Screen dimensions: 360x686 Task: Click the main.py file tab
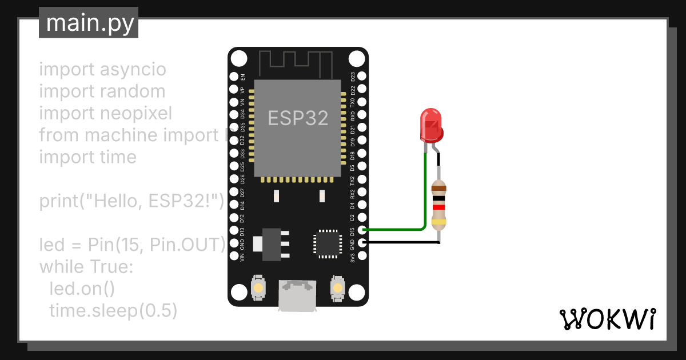click(89, 23)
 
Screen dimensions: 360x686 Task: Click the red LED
click(432, 125)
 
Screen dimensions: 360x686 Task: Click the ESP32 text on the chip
click(298, 118)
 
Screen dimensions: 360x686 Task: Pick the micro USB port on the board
click(297, 295)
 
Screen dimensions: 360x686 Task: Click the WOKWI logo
click(607, 319)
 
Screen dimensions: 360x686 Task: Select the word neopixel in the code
click(135, 113)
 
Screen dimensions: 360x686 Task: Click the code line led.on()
click(82, 289)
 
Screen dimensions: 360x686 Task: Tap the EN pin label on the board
click(243, 77)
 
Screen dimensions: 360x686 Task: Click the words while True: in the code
click(86, 267)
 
